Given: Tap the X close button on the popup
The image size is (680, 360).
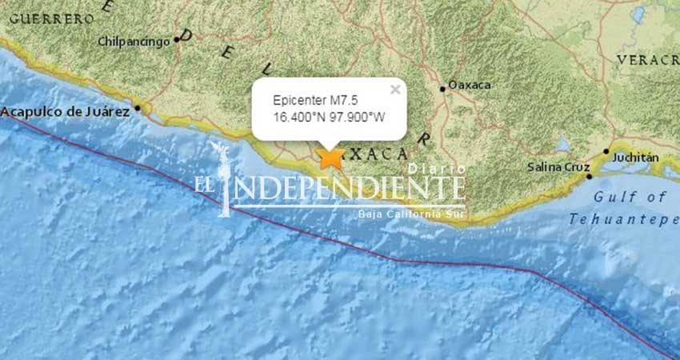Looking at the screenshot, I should pyautogui.click(x=394, y=90).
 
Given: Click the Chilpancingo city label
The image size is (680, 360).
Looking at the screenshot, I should pyautogui.click(x=134, y=41).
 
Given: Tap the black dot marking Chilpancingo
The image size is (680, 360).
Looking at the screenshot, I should pyautogui.click(x=177, y=39).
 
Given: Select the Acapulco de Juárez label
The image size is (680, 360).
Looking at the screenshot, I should pyautogui.click(x=66, y=112).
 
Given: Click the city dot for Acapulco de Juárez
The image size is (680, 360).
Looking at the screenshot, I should pyautogui.click(x=138, y=108).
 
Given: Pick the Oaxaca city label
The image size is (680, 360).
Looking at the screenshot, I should pyautogui.click(x=470, y=85).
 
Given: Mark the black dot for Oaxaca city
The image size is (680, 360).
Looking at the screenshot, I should pyautogui.click(x=442, y=89).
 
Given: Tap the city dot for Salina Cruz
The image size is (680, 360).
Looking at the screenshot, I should pyautogui.click(x=589, y=176).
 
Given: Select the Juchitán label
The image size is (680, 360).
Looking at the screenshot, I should pyautogui.click(x=635, y=158).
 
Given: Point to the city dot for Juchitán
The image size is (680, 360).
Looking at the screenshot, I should pyautogui.click(x=606, y=151).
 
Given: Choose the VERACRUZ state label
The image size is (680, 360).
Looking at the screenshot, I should pyautogui.click(x=648, y=60).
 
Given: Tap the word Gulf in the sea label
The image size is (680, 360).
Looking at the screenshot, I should pyautogui.click(x=612, y=197).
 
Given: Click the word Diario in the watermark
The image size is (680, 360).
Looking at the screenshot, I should pyautogui.click(x=437, y=169).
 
